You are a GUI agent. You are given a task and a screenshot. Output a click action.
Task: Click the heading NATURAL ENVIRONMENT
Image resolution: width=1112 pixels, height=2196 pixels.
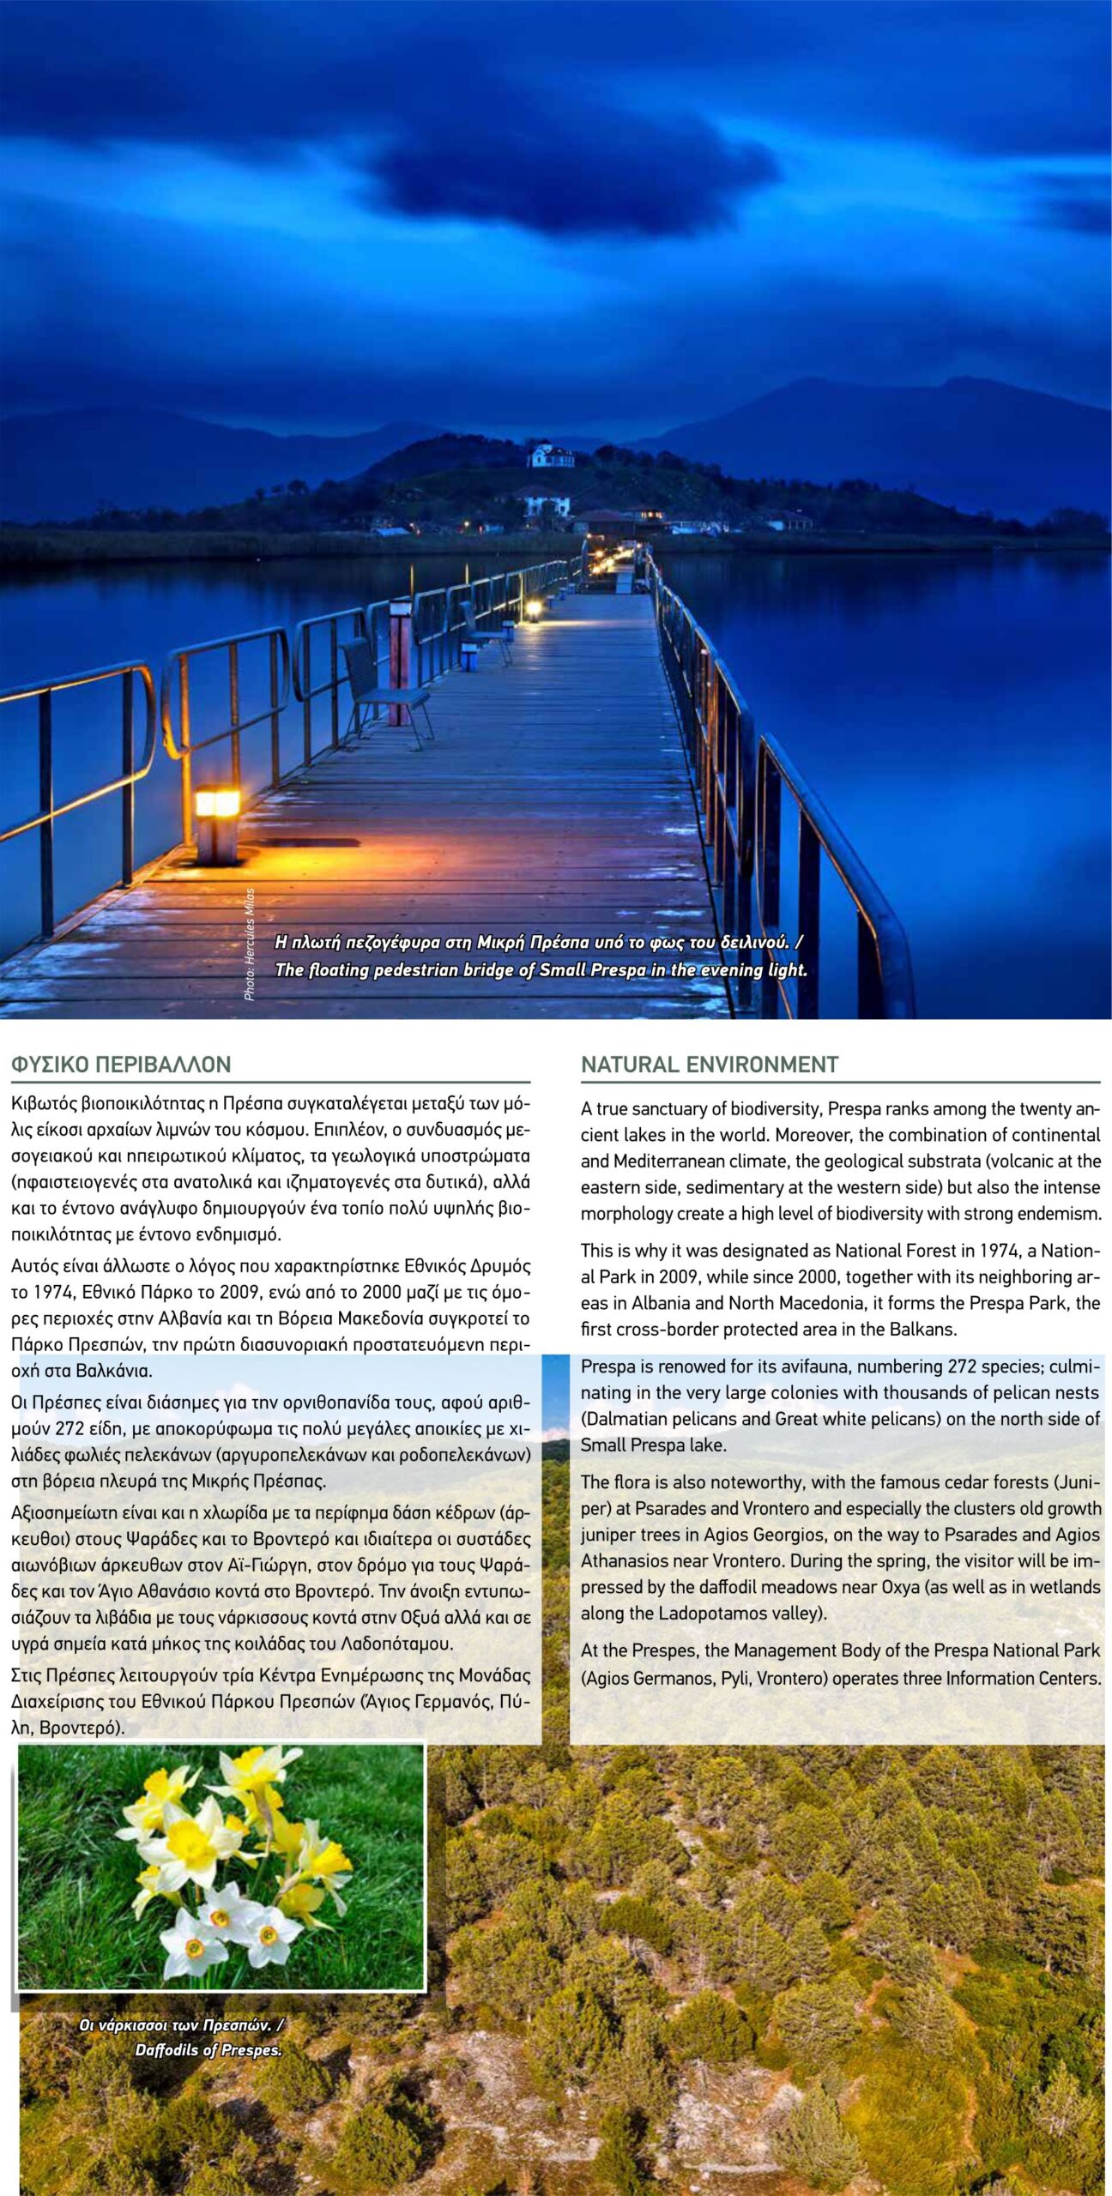coord(709,1065)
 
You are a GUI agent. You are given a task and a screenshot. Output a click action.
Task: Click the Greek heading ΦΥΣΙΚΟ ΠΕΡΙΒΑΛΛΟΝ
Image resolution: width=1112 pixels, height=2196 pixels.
coord(121,1065)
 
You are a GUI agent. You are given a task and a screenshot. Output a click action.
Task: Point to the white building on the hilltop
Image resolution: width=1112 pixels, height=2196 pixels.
coord(551,455)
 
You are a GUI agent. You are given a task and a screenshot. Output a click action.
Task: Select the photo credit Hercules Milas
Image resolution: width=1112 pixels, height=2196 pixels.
coord(250,944)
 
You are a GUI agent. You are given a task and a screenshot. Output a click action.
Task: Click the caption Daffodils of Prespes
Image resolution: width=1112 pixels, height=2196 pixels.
coord(208,2049)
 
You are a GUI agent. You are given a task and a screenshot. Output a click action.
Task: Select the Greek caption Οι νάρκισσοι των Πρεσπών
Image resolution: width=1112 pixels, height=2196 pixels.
coord(180,2025)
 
